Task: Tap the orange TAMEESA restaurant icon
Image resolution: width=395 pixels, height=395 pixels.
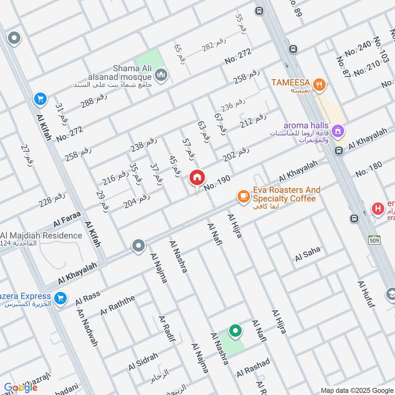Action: (320, 85)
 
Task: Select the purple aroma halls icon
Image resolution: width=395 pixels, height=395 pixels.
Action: (338, 131)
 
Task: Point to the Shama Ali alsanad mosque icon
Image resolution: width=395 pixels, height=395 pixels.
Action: (161, 76)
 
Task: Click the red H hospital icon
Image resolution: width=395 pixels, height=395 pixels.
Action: (378, 209)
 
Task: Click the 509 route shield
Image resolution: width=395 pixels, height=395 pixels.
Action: (373, 240)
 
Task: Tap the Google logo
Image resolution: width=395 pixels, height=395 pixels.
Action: (21, 388)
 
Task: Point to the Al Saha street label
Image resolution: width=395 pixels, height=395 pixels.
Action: (308, 255)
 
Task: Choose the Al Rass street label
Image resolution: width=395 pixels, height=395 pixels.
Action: (88, 298)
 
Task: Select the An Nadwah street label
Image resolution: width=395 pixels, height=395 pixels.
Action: (87, 328)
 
